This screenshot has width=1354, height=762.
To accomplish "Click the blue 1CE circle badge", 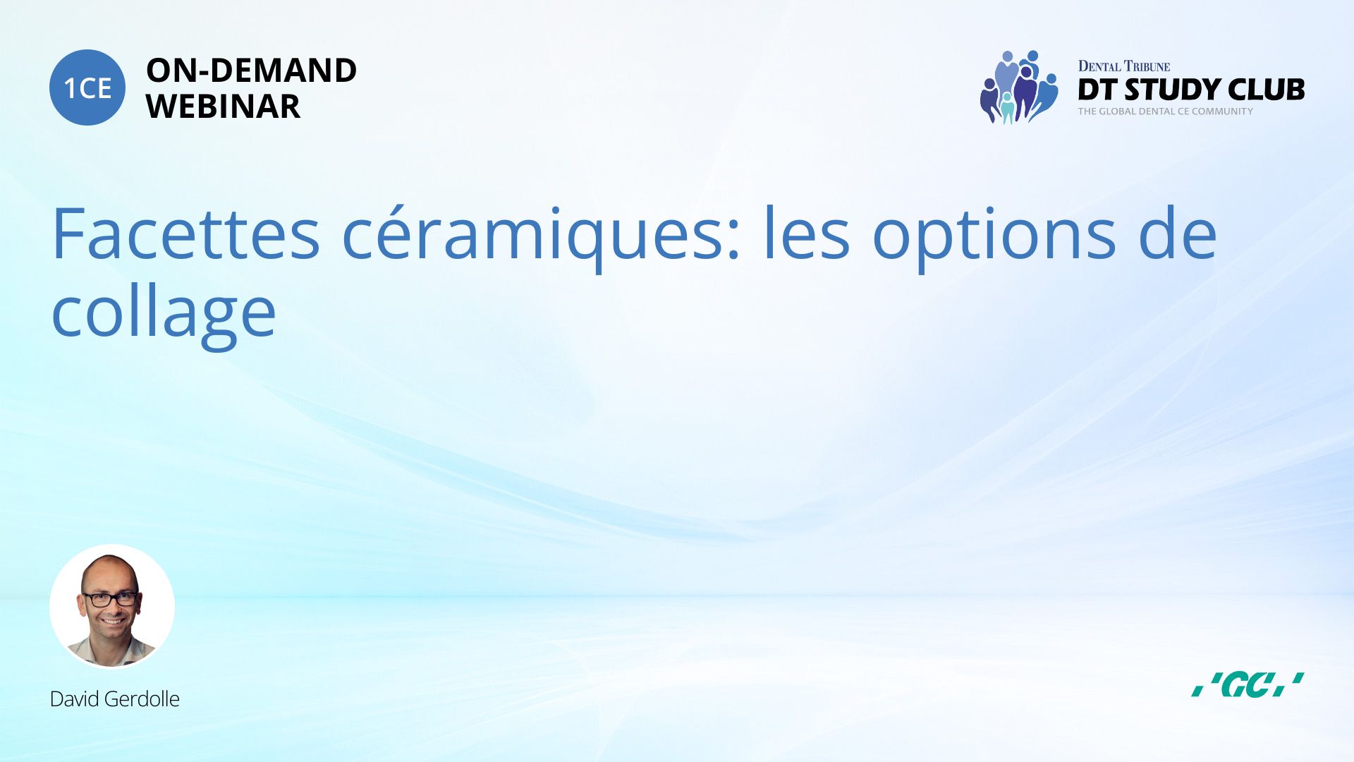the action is tap(87, 87).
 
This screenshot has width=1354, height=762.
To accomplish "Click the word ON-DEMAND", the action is tap(251, 71).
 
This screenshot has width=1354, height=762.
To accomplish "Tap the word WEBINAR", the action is tap(223, 107).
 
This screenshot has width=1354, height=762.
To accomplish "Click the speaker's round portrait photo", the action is tap(112, 606).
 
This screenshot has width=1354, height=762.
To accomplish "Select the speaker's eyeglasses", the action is tap(111, 600).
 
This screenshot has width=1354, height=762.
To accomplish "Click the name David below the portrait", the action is tap(74, 699).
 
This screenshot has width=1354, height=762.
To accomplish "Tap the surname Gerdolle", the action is tap(142, 699).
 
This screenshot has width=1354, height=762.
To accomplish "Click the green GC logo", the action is tap(1248, 684).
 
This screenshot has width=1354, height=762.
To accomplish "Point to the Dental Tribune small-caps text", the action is tap(1124, 66).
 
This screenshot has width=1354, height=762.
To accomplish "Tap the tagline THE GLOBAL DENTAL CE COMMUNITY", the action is tap(1165, 111).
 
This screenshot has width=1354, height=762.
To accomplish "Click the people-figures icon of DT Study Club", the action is tap(1019, 87).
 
